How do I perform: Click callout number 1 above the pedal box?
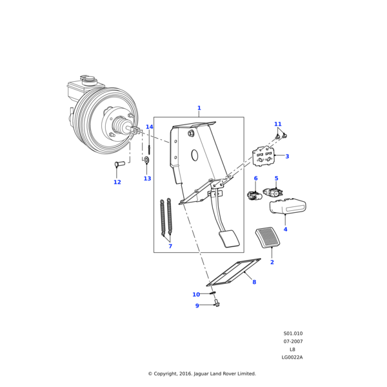tap(199, 108)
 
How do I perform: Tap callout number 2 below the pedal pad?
tap(272, 262)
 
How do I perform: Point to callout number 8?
tap(253, 282)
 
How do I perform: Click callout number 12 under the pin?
tap(117, 182)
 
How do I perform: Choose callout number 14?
tap(149, 127)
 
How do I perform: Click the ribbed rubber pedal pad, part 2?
tap(267, 237)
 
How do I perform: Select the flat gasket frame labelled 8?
tap(233, 272)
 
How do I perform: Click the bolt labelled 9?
tap(217, 303)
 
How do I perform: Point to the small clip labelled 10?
tap(212, 293)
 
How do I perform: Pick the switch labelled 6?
tap(253, 195)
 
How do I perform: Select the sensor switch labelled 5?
tap(274, 192)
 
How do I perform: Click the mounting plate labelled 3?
tap(264, 156)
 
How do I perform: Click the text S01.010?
tap(293, 333)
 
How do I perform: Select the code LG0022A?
tap(292, 357)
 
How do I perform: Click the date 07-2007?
tap(293, 341)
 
